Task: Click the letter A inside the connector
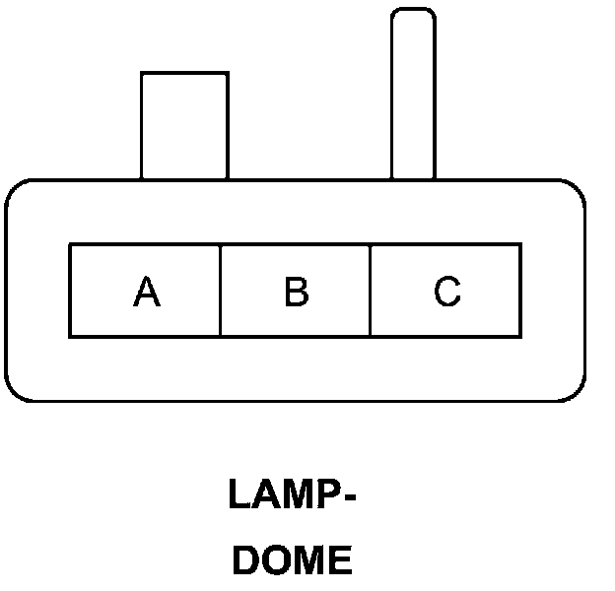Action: (146, 292)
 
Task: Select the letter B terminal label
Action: (296, 292)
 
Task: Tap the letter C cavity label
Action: (446, 292)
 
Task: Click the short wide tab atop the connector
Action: (184, 125)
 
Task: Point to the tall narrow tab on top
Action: (413, 98)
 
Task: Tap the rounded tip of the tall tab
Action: (413, 14)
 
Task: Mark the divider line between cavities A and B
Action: (220, 292)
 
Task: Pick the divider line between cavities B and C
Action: (371, 292)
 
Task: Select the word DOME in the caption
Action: (292, 560)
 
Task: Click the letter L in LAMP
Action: (239, 494)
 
